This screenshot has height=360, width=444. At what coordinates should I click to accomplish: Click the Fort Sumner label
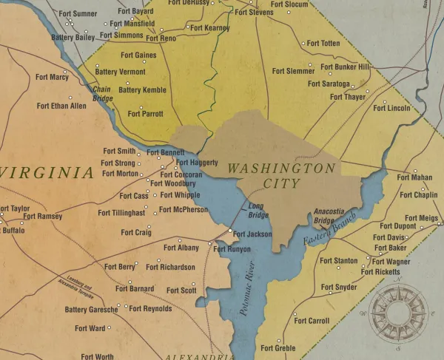(x=75, y=13)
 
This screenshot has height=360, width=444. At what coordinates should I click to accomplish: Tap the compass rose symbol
(x=397, y=308)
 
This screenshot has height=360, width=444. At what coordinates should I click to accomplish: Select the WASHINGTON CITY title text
(x=280, y=176)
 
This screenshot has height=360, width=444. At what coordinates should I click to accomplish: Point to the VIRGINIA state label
(x=47, y=173)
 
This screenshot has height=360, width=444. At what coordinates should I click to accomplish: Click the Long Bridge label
(x=258, y=211)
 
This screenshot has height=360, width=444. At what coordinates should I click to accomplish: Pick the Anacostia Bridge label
(x=329, y=215)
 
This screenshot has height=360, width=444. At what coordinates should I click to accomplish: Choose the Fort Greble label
(x=279, y=348)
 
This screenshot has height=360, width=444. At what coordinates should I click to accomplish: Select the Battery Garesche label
(x=91, y=310)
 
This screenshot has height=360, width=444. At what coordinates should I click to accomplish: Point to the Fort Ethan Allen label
(x=61, y=106)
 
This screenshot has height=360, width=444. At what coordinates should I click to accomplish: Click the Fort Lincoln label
(x=391, y=108)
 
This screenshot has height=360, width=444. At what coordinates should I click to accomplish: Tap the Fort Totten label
(x=323, y=44)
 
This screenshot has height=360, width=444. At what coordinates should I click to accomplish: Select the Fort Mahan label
(x=414, y=177)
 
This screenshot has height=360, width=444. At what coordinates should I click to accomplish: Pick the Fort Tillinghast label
(x=121, y=213)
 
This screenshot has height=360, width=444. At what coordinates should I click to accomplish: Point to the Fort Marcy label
(x=52, y=77)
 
